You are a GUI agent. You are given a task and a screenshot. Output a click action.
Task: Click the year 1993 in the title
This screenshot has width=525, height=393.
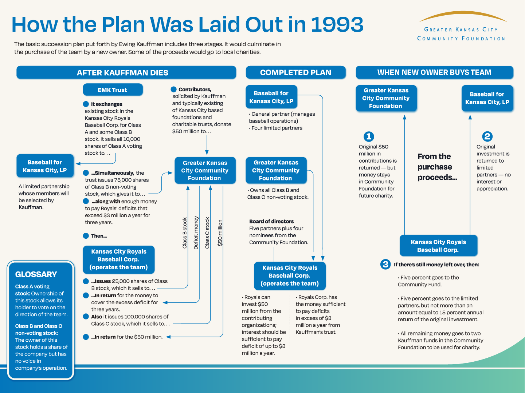pyautogui.click(x=337, y=25)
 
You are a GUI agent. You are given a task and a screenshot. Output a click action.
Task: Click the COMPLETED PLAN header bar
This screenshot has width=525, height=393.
pyautogui.click(x=295, y=72)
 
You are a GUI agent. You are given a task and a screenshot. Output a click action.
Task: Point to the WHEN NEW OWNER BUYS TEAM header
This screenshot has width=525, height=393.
pyautogui.click(x=434, y=72)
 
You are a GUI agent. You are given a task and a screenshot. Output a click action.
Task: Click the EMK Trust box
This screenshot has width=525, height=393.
pyautogui.click(x=113, y=90)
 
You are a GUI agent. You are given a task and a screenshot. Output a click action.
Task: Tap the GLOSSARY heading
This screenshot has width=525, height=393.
pyautogui.click(x=36, y=274)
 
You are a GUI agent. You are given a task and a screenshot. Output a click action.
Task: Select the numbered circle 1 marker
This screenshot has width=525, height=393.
pyautogui.click(x=369, y=136)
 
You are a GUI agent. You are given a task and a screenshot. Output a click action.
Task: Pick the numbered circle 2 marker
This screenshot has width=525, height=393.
pyautogui.click(x=487, y=136)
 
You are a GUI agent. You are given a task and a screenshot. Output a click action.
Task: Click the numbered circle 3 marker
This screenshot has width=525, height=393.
pyautogui.click(x=385, y=264)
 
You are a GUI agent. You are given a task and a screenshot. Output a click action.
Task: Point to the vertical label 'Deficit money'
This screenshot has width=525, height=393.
pyautogui.click(x=196, y=233)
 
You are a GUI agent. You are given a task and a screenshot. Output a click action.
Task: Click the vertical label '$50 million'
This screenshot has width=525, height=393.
pyautogui.click(x=220, y=233)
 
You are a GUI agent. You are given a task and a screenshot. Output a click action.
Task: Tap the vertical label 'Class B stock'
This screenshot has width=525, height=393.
pyautogui.click(x=185, y=233)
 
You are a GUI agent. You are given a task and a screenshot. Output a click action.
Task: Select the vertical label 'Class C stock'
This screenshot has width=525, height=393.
pyautogui.click(x=207, y=233)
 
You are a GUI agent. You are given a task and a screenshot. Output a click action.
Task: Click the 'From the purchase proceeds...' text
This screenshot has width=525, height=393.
pyautogui.click(x=436, y=167)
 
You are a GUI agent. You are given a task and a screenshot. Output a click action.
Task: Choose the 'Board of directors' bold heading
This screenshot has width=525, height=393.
pyautogui.click(x=271, y=221)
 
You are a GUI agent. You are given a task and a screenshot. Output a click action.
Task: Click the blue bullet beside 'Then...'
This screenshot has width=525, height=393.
pyautogui.click(x=86, y=236)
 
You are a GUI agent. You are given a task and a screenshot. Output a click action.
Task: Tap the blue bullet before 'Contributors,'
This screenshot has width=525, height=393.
pyautogui.click(x=174, y=90)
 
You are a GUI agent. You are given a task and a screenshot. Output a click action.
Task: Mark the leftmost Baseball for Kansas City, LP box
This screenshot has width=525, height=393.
pyautogui.click(x=45, y=166)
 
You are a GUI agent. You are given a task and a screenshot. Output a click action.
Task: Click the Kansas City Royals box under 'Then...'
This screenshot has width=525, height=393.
pyautogui.click(x=119, y=259)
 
